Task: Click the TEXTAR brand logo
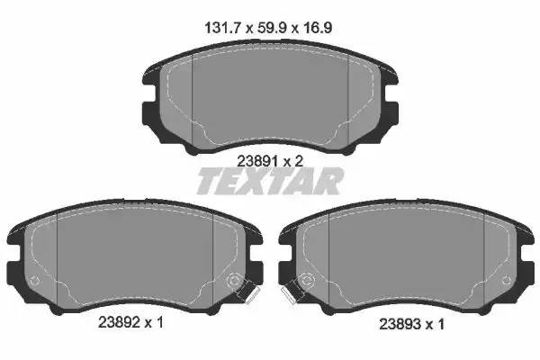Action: tap(270, 183)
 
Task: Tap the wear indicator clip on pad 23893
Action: tap(291, 292)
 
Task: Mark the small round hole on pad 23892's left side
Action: tap(35, 281)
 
